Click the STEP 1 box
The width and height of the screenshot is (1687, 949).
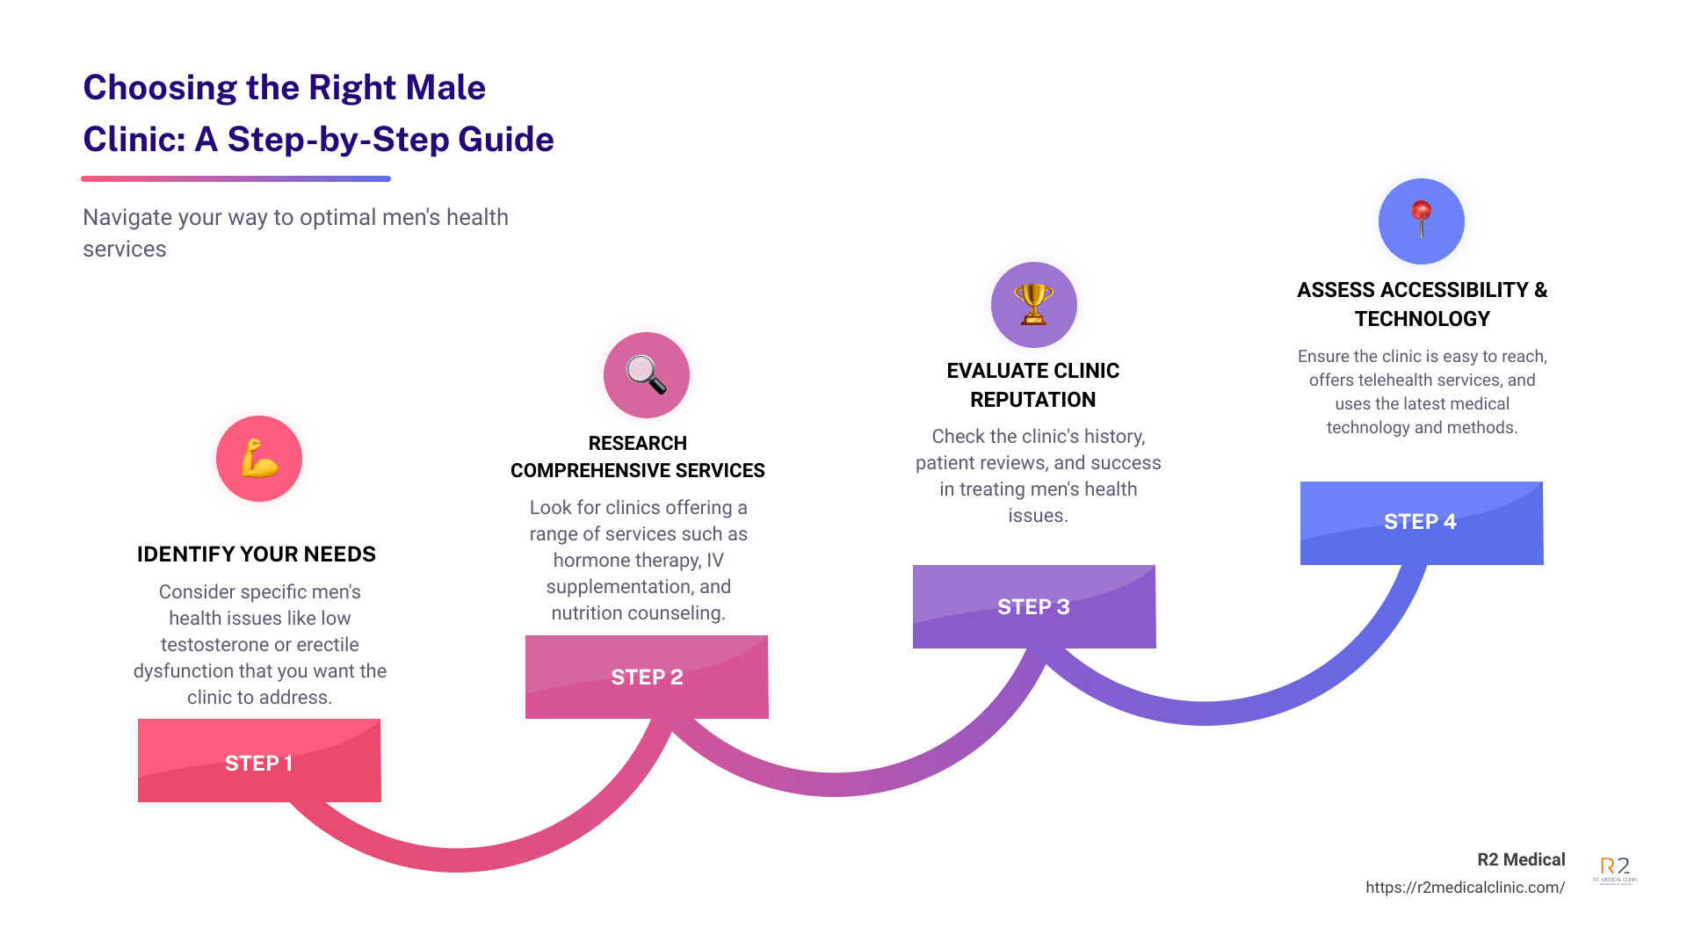[x=259, y=761]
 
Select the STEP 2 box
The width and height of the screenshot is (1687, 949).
[x=647, y=677]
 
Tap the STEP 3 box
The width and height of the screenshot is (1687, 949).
[x=1034, y=606]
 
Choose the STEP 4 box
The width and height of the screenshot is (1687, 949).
[x=1421, y=522]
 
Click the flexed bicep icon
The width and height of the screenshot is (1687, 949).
[x=259, y=459]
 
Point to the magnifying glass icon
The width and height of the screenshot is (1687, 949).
[x=646, y=375]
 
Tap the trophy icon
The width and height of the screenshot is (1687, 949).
[x=1033, y=304]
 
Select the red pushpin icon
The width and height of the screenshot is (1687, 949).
[x=1421, y=220]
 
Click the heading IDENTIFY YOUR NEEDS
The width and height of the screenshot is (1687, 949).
[x=257, y=554]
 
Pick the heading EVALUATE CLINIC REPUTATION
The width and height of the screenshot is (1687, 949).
[x=1033, y=385]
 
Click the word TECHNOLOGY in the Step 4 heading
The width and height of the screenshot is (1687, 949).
[x=1422, y=319]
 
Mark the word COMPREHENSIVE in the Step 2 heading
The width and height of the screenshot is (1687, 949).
[x=597, y=471]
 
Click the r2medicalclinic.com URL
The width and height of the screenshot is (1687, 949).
[x=1465, y=887]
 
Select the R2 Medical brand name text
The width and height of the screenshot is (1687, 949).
[x=1521, y=860]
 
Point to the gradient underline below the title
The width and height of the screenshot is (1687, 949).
[x=235, y=178]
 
